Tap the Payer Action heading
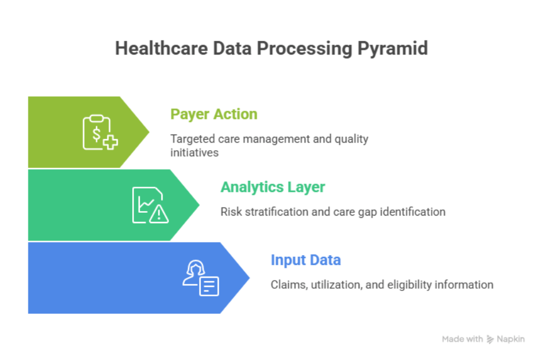point(213,114)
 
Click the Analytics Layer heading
point(273,187)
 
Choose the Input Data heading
point(306,260)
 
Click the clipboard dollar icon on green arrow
point(99,133)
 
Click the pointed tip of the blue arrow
point(249,278)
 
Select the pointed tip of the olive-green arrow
point(149,132)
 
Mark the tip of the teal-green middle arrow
point(199,205)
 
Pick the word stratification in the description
point(277,212)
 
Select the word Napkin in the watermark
point(511,339)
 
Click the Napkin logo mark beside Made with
point(490,339)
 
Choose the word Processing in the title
point(304,48)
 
